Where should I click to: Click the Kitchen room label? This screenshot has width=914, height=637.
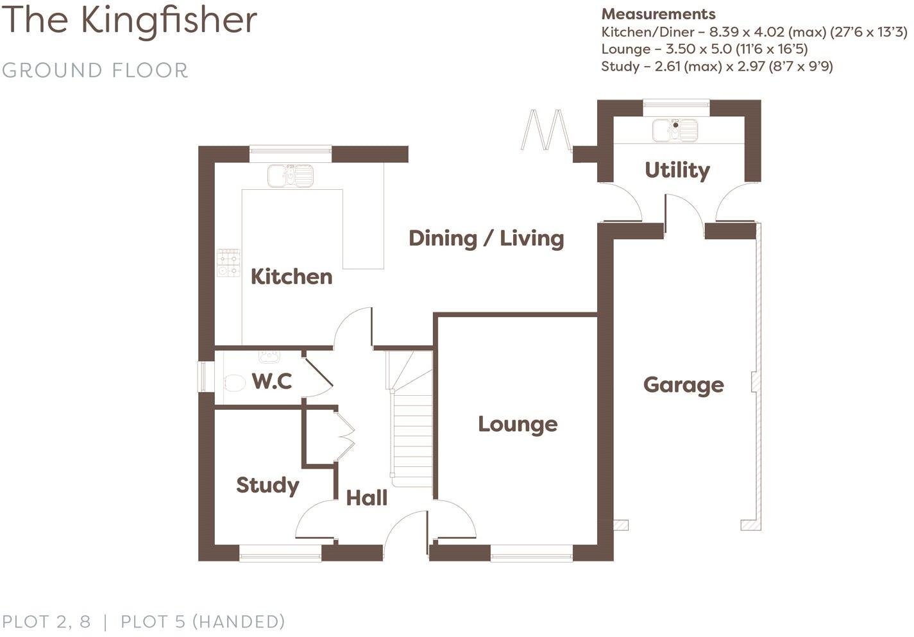pos(291,276)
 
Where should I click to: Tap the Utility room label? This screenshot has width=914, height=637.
pos(677,170)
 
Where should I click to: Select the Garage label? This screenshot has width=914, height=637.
pos(683,385)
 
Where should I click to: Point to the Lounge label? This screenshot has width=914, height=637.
pos(518,424)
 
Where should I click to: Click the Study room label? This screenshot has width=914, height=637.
pos(267,485)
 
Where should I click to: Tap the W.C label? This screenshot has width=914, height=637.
pos(272,381)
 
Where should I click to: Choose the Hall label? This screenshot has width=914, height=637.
pos(366,498)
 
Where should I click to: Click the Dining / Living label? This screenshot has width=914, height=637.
pos(486,238)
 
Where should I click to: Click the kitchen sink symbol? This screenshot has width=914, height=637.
pos(291,175)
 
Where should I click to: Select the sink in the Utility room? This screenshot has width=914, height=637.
pos(675,130)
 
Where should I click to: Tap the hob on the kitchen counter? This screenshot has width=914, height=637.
pos(228,263)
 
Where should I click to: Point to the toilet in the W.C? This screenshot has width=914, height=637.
pos(235,384)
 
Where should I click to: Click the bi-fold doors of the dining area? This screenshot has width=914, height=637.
pos(546,131)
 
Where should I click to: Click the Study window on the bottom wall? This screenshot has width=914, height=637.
pos(280,553)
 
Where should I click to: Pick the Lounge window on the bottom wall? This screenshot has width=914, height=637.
pos(531,553)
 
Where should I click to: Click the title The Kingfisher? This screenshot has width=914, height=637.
pos(130,20)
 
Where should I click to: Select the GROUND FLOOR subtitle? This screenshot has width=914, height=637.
pos(95,70)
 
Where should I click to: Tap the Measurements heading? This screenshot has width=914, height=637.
pos(658,14)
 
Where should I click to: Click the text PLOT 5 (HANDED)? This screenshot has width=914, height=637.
pos(203,622)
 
